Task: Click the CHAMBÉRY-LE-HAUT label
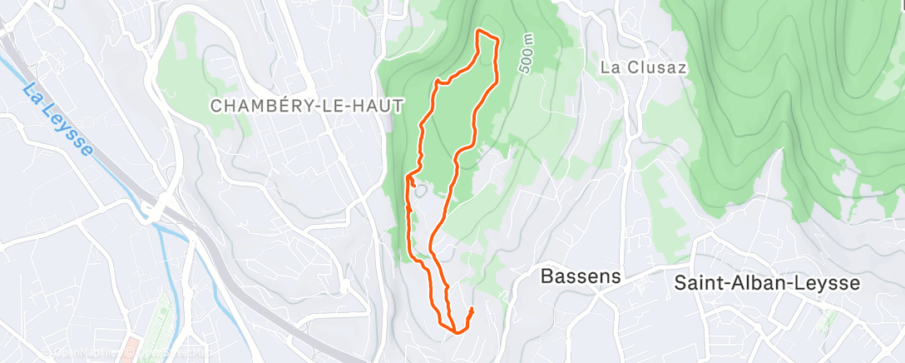pyautogui.click(x=306, y=106)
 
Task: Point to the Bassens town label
pyautogui.click(x=581, y=276)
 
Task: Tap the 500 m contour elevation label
pyautogui.click(x=526, y=56)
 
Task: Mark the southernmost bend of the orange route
pyautogui.click(x=457, y=332)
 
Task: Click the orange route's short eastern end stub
pyautogui.click(x=471, y=313)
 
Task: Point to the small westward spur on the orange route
pyautogui.click(x=408, y=177)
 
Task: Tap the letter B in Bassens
pyautogui.click(x=547, y=276)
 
